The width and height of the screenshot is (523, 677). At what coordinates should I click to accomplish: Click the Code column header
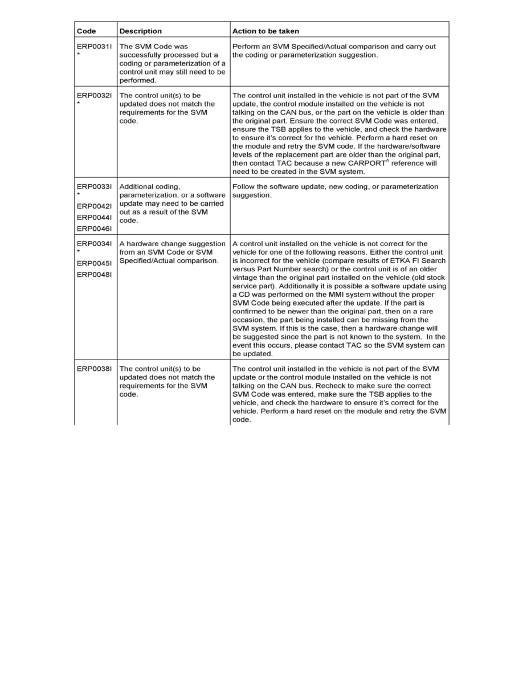87,31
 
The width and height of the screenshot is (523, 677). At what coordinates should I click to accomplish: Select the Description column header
140,31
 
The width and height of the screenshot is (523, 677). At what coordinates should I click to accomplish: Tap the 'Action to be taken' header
265,31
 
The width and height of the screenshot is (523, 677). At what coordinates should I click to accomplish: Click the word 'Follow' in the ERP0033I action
244,186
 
